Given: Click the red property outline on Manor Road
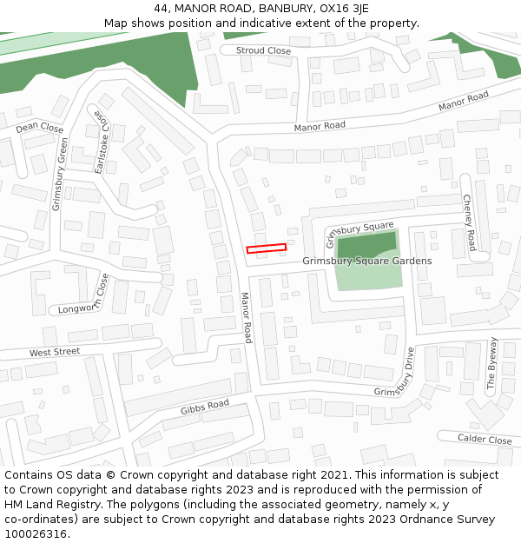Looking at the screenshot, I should pos(266,248).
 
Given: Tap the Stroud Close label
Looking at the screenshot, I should pos(264,50).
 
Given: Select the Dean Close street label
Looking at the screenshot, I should pos(40,128).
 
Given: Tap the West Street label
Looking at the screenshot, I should pos(55,352).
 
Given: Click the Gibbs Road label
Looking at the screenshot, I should pos(204,407).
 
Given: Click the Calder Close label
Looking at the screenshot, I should pos(485,440).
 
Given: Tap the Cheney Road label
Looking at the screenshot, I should pos(469,222).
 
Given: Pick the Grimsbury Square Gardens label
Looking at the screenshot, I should pos(366,261).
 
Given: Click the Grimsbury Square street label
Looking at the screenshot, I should pos(359,232).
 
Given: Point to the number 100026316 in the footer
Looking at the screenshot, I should pos(36,534).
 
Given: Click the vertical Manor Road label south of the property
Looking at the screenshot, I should pos(247,317).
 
